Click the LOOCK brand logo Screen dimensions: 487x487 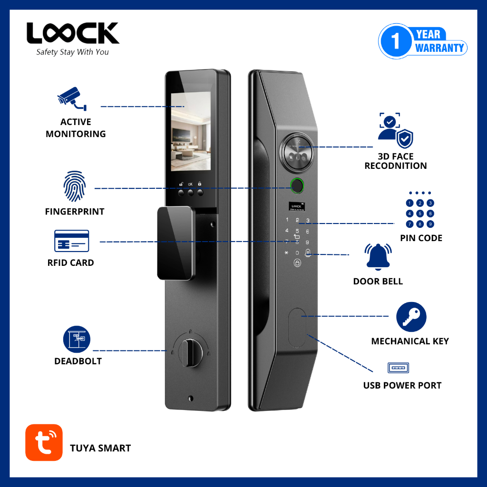[x=73, y=33]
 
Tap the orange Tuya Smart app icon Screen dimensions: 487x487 [x=44, y=442]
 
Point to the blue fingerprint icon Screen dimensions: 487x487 [x=75, y=186]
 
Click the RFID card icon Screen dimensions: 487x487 [x=71, y=241]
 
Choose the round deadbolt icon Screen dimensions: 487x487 [x=77, y=339]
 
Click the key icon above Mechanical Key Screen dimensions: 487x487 [x=411, y=317]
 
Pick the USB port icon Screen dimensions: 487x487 [x=398, y=368]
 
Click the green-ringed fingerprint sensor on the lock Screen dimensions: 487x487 [x=297, y=185]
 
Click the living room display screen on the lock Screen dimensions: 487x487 [x=191, y=131]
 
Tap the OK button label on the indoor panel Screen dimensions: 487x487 [x=190, y=184]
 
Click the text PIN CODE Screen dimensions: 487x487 [x=421, y=238]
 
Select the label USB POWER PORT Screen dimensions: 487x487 [x=402, y=385]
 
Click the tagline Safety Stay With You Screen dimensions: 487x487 [x=72, y=52]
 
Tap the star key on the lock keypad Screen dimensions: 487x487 [x=286, y=253]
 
